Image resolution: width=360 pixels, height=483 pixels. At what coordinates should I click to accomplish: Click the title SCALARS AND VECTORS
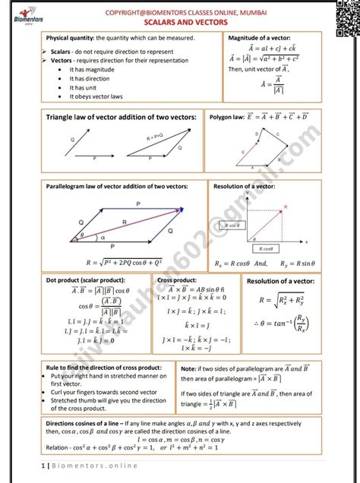180,22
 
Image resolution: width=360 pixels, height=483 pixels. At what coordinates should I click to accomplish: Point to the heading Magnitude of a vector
259,37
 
